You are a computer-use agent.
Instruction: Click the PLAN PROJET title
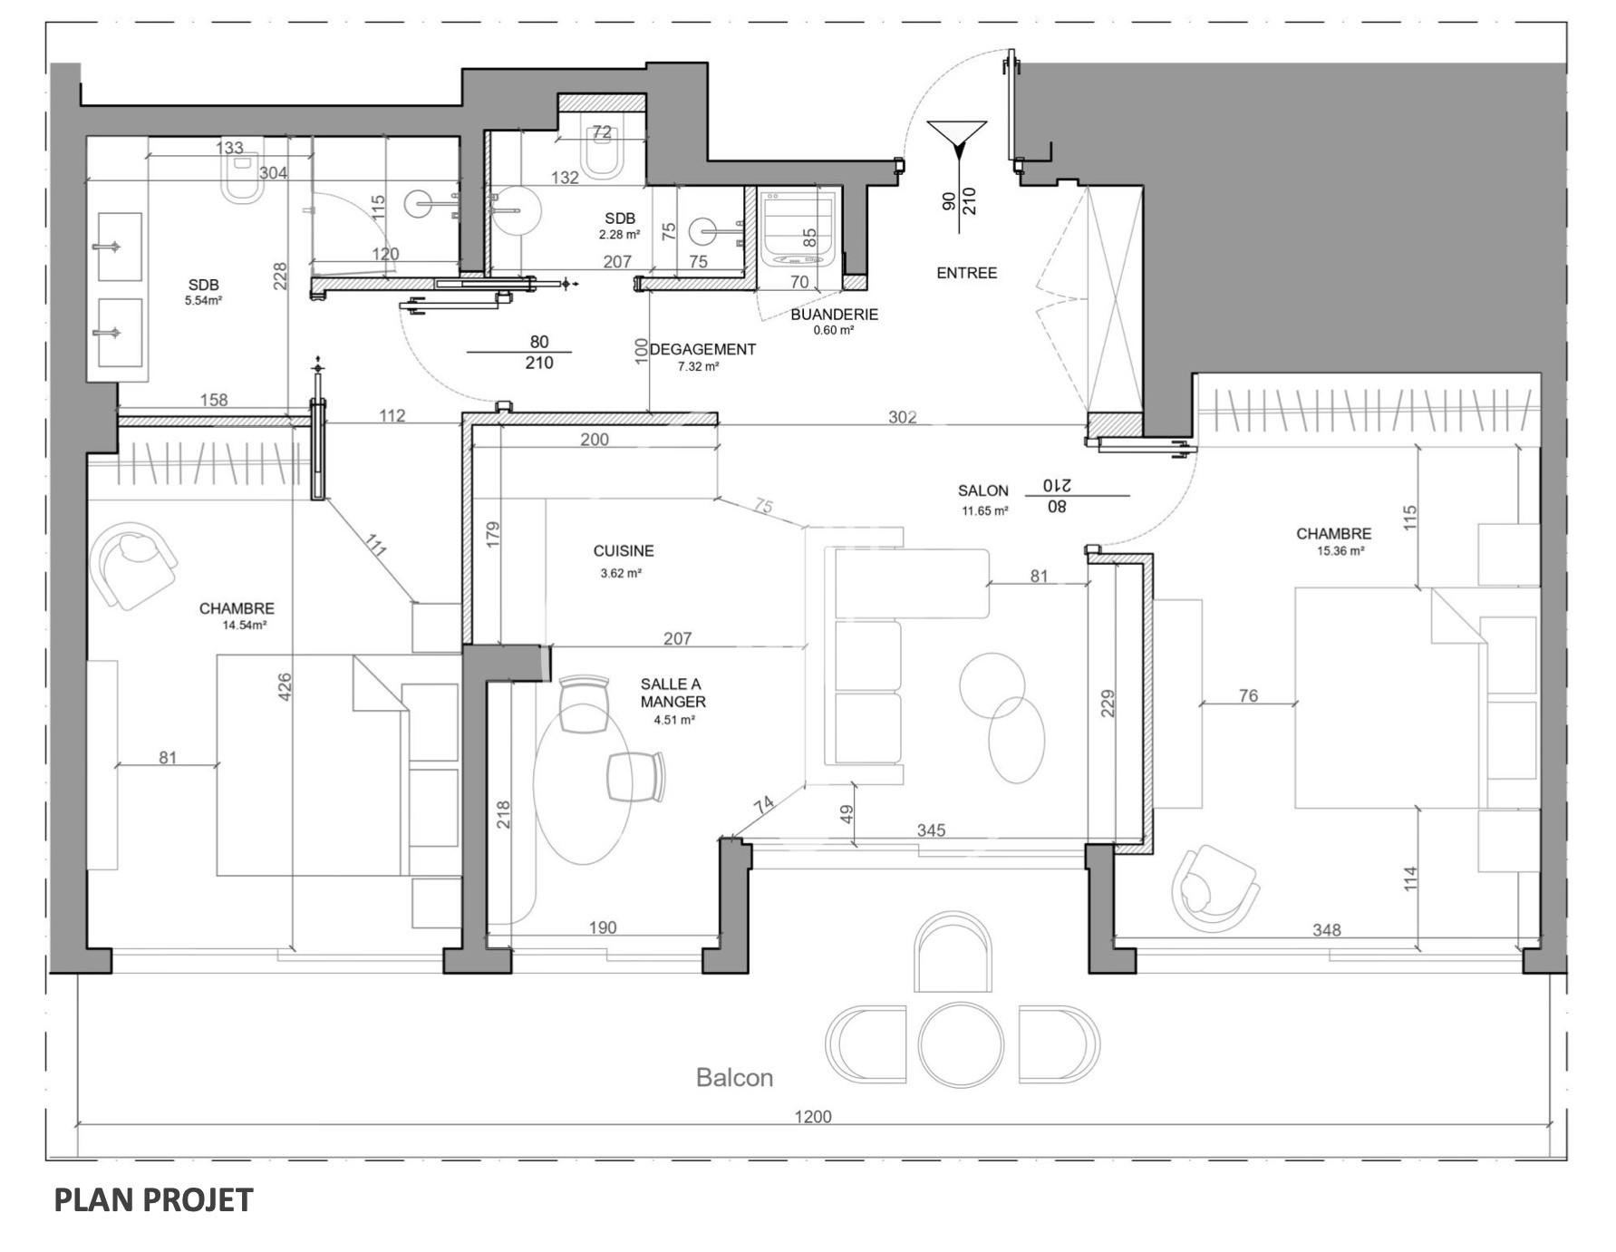tap(153, 1199)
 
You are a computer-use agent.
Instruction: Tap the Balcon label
tap(734, 1078)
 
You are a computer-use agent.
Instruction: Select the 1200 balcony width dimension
tap(813, 1117)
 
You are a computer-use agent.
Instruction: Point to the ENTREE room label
tap(966, 273)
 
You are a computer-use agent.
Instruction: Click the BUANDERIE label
tap(834, 315)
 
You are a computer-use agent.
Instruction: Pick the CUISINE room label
tap(624, 550)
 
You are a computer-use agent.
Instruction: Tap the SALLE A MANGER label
tap(673, 694)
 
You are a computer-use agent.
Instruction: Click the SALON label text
tap(983, 490)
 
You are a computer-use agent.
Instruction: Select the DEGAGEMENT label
tap(702, 349)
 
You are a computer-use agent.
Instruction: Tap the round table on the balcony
tap(961, 1043)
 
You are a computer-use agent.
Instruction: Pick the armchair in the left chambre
tap(136, 565)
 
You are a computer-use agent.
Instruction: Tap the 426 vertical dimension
tap(284, 686)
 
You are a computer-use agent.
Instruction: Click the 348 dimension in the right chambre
tap(1327, 930)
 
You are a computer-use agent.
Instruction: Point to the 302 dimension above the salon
tap(903, 417)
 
